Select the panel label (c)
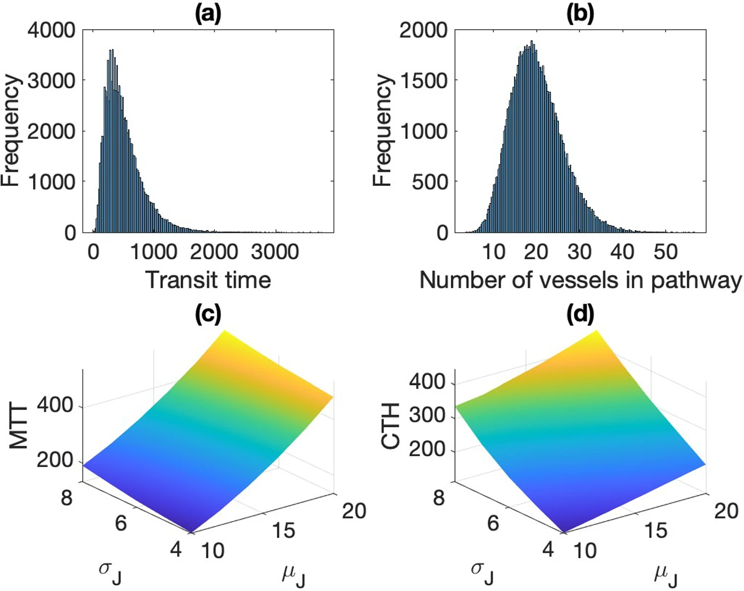tap(208, 315)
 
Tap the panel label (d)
tap(580, 315)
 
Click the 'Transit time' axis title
tap(208, 280)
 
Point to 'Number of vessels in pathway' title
tap(580, 280)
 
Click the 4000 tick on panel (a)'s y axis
tap(51, 31)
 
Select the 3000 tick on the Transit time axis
tap(274, 252)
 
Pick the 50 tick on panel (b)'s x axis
tap(665, 252)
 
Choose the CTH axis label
tap(391, 426)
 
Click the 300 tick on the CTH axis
tap(427, 414)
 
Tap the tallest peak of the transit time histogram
tap(111, 51)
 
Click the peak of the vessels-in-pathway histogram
tap(532, 42)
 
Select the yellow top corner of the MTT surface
tap(226, 331)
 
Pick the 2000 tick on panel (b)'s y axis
tap(423, 31)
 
